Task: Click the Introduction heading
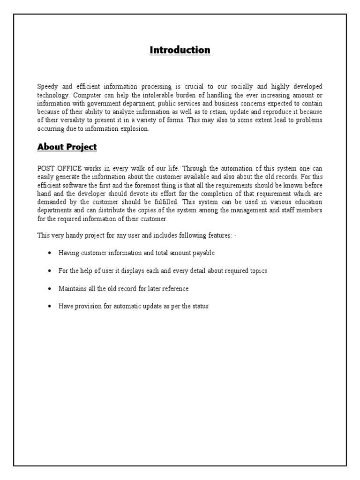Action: pos(180,50)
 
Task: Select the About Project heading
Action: pos(67,147)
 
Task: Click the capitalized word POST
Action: pos(46,168)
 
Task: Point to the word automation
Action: pos(202,168)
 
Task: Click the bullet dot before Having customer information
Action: pos(49,253)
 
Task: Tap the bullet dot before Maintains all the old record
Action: pos(49,289)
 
